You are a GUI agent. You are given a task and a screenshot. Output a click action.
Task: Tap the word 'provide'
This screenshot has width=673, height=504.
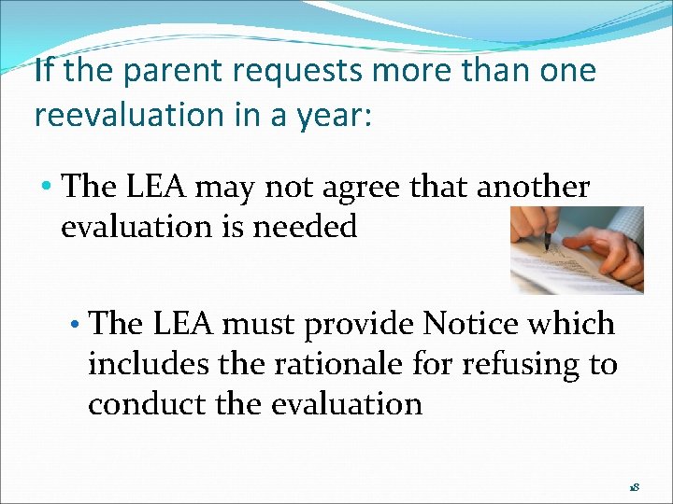pos(363,325)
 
